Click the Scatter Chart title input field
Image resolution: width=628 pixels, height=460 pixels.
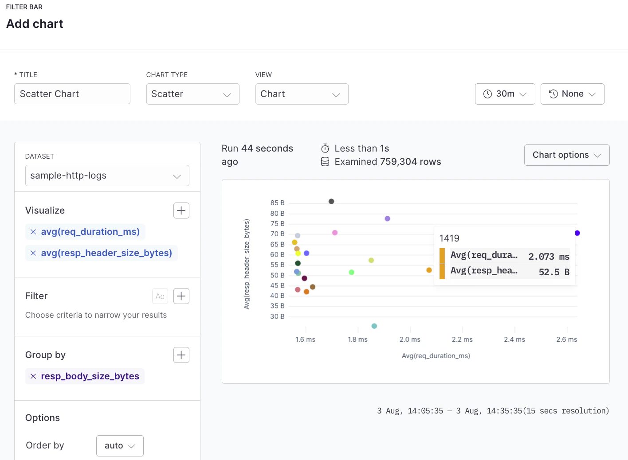[72, 94]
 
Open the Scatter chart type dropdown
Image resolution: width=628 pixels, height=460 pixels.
[192, 94]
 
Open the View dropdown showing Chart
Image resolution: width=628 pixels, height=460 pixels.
[302, 94]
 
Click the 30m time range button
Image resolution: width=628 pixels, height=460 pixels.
[505, 94]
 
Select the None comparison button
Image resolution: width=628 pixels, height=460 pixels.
[572, 94]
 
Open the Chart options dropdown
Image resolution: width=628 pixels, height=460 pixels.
[566, 155]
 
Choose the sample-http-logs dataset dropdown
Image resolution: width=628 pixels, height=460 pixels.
[107, 175]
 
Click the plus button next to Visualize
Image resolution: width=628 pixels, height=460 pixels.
[181, 211]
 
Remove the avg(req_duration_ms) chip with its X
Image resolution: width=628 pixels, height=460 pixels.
[33, 232]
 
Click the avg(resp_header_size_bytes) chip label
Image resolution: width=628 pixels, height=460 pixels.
[106, 253]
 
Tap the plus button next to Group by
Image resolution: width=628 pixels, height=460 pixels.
[181, 355]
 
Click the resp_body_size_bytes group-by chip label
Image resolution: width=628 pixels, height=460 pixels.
[90, 376]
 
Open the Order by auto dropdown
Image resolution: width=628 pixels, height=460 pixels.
[120, 446]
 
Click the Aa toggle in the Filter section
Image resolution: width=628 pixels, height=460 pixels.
[160, 296]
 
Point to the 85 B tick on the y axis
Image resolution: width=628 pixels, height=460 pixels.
[277, 203]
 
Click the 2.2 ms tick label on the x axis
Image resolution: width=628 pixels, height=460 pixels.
[462, 339]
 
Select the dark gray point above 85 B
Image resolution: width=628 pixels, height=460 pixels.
[331, 202]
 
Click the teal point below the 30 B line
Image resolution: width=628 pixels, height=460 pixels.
[374, 326]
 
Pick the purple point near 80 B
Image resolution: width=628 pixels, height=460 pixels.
[387, 218]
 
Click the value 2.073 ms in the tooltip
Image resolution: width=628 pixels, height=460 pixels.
[549, 257]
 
